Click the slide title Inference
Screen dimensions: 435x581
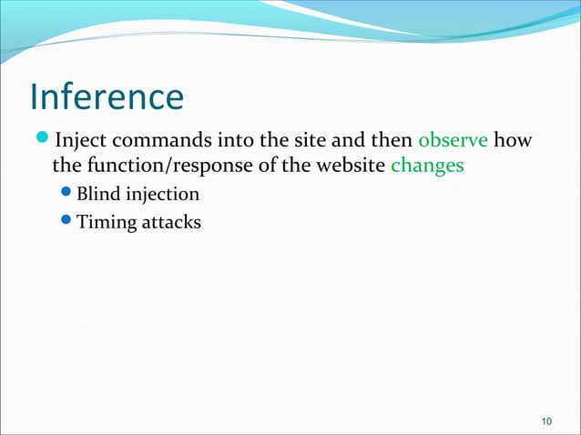(x=107, y=96)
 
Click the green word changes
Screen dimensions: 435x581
(x=427, y=167)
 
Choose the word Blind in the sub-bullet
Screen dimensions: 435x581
(x=97, y=194)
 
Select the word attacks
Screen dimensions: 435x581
(x=170, y=220)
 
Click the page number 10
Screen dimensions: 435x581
(x=546, y=420)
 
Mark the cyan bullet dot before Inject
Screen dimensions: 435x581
(x=44, y=140)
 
